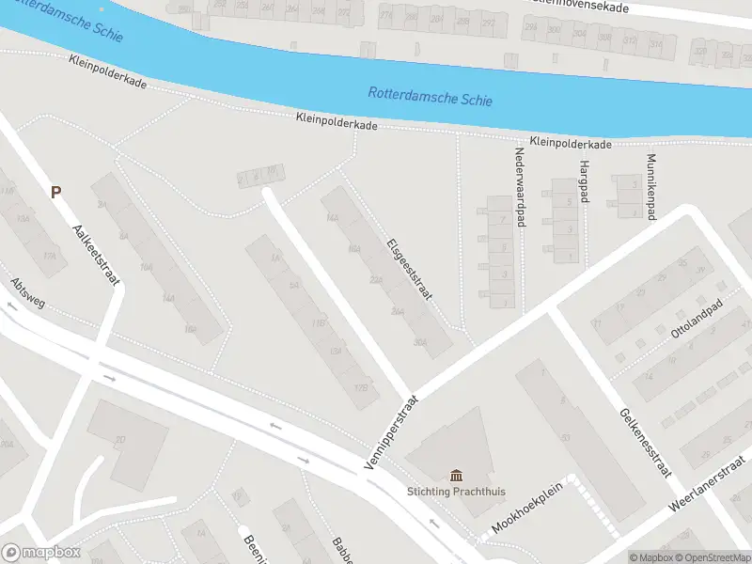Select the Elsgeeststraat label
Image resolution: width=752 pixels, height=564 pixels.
click(409, 269)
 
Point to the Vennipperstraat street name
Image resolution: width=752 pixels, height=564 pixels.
click(390, 431)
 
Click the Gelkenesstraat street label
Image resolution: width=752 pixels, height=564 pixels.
click(644, 442)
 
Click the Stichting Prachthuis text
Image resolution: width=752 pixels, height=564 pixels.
click(456, 491)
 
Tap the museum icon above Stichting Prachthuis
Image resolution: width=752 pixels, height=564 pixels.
click(456, 474)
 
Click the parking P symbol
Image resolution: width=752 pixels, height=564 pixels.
click(55, 192)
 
